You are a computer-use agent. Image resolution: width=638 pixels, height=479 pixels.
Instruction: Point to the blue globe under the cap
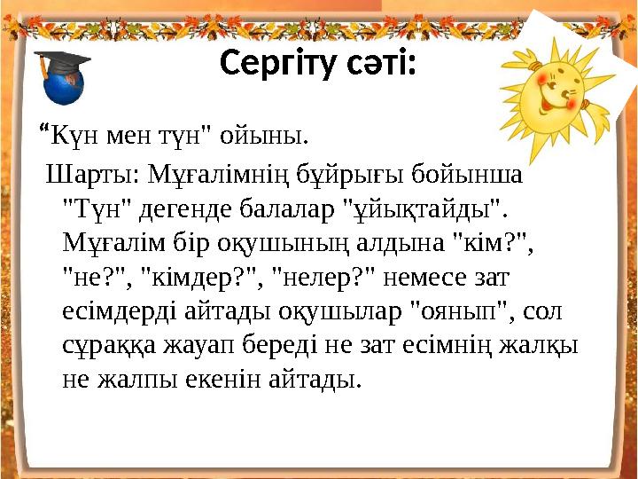(64, 87)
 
